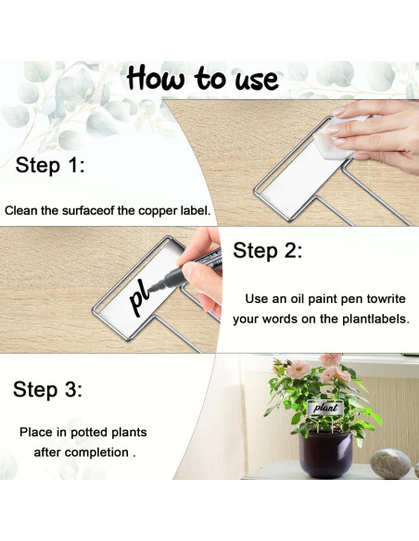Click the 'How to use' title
pos(203,79)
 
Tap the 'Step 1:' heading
pos(50,165)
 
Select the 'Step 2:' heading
pos(268,250)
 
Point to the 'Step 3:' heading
pos(47,389)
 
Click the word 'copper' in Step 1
pos(158,211)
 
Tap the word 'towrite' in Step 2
pos(386,298)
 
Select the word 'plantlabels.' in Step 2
pos(375,319)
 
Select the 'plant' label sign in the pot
pos(325,409)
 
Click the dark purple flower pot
pos(325,454)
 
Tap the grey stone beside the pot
pos(390,463)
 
